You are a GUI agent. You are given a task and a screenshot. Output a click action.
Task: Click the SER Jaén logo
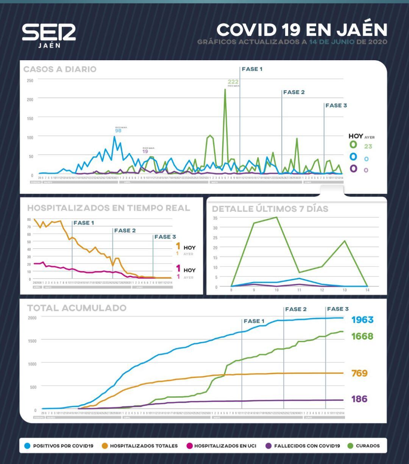click(49, 36)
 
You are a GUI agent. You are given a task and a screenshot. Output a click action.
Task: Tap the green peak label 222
click(233, 82)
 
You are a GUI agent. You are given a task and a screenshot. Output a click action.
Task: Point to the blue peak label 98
click(118, 131)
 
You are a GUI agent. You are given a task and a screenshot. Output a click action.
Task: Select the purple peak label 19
click(145, 152)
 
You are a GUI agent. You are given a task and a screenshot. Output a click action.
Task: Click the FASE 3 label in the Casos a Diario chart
click(336, 106)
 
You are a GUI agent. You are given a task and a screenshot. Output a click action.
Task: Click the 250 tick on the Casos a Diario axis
click(30, 81)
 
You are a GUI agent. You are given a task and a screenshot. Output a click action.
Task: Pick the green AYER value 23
click(368, 146)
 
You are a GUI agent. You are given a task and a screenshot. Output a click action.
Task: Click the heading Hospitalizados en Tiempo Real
click(109, 208)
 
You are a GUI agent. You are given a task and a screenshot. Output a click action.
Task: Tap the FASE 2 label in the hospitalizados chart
click(125, 230)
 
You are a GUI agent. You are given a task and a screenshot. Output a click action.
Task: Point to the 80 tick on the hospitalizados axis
click(29, 220)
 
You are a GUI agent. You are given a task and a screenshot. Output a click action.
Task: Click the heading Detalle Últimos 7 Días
click(270, 209)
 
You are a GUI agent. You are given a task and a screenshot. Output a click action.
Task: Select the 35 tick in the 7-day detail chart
click(215, 218)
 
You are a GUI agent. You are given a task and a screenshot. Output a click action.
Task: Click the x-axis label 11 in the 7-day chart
click(299, 290)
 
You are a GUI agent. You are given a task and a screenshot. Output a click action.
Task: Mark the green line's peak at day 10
click(276, 217)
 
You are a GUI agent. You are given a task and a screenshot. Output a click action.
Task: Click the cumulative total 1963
click(362, 320)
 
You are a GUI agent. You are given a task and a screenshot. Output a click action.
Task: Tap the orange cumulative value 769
click(359, 373)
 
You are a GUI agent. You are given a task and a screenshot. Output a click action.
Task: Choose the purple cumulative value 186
click(359, 399)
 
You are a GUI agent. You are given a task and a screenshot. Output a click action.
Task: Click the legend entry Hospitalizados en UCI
click(225, 446)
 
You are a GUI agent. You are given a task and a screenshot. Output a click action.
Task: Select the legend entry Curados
click(367, 446)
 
